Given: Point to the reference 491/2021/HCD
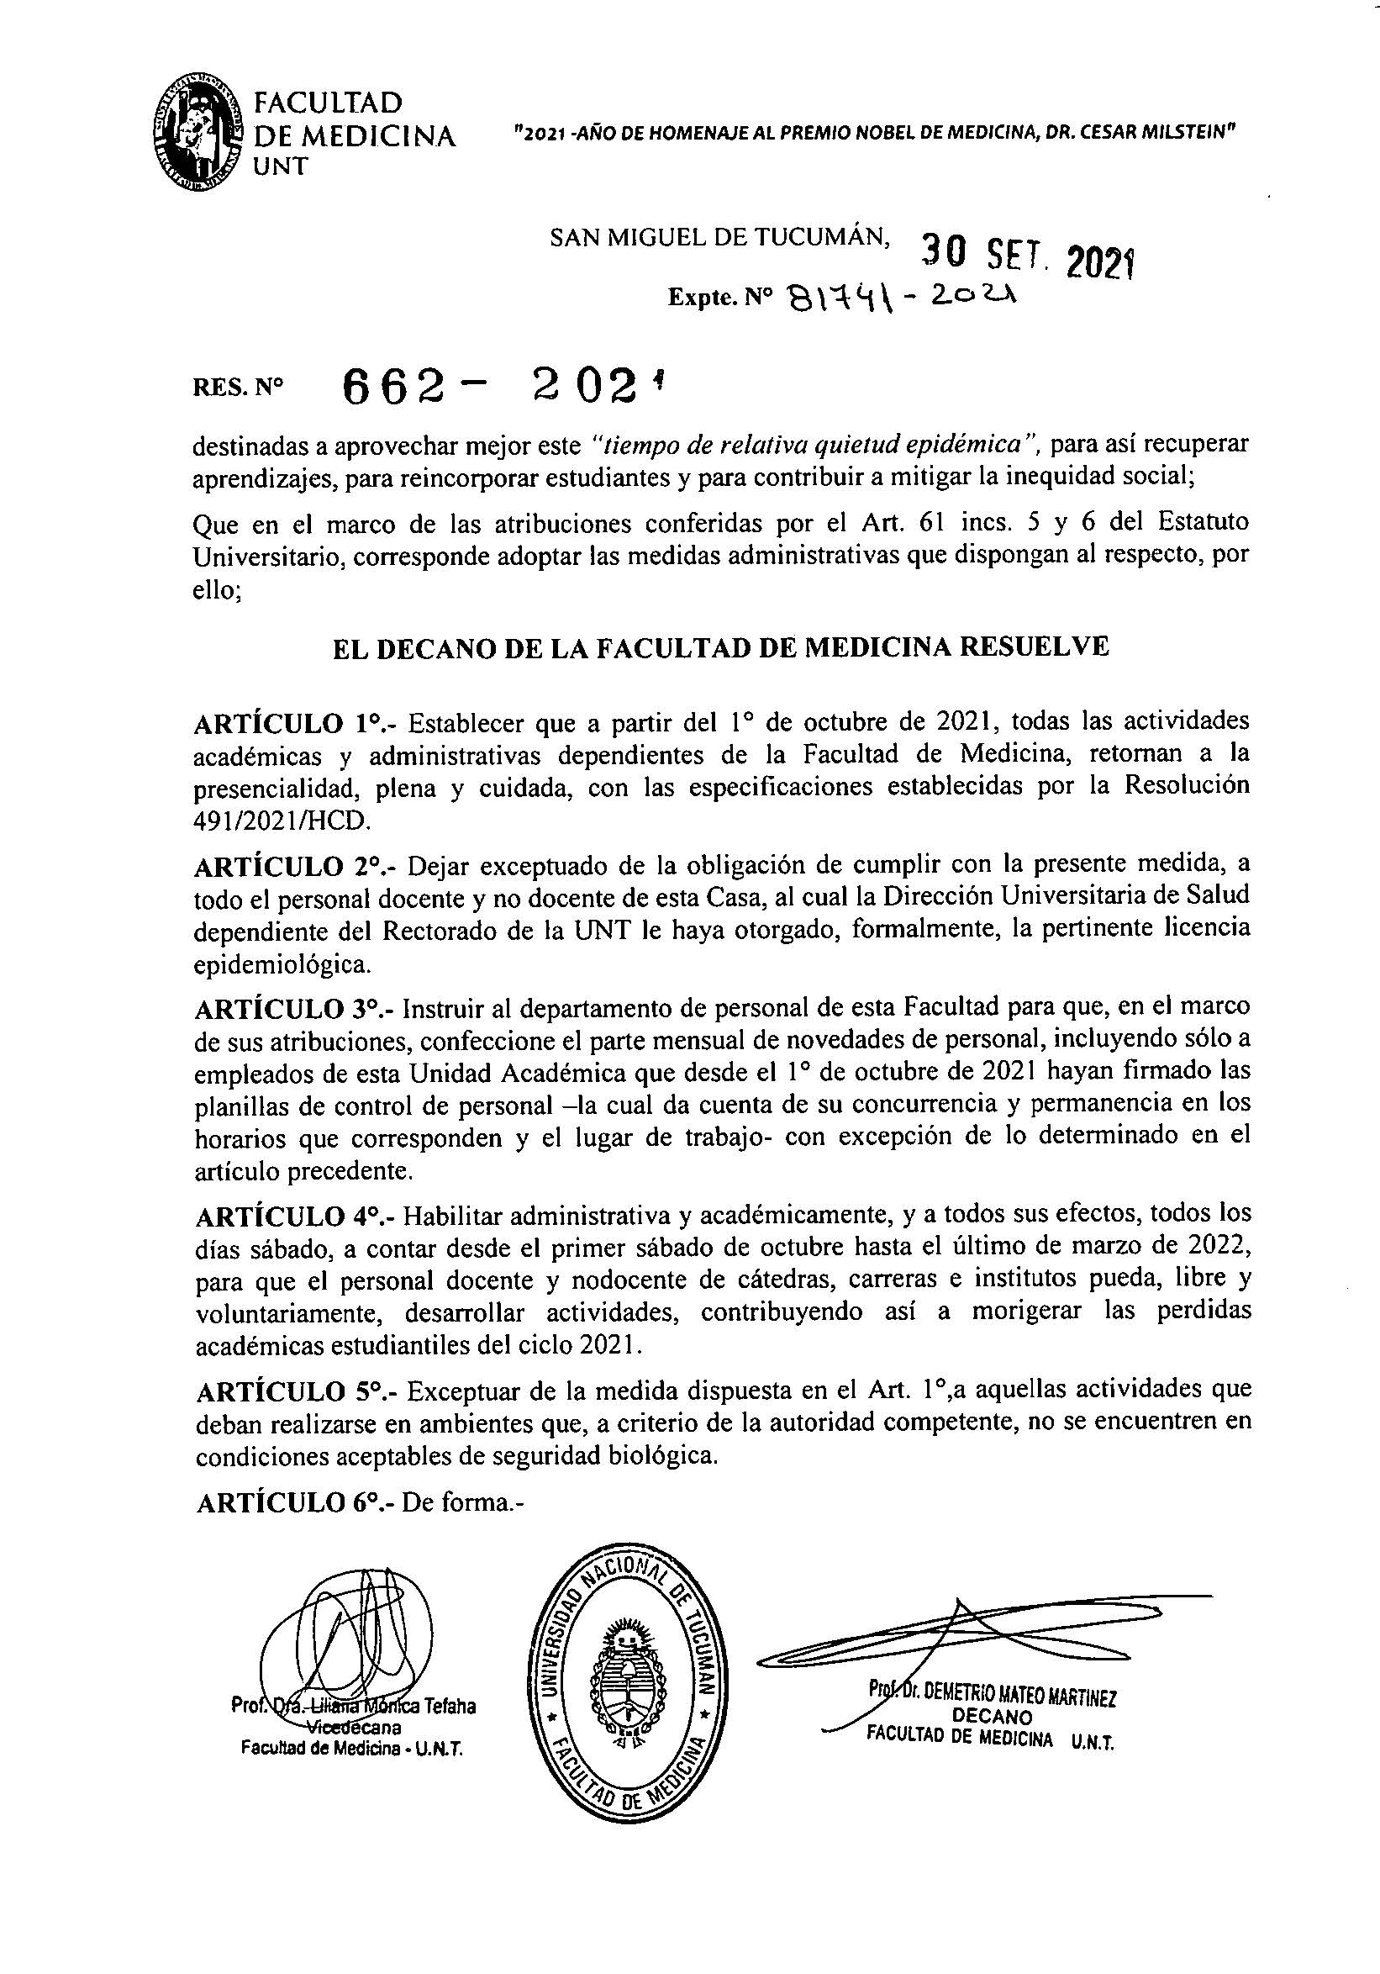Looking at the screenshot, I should coord(282,821).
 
